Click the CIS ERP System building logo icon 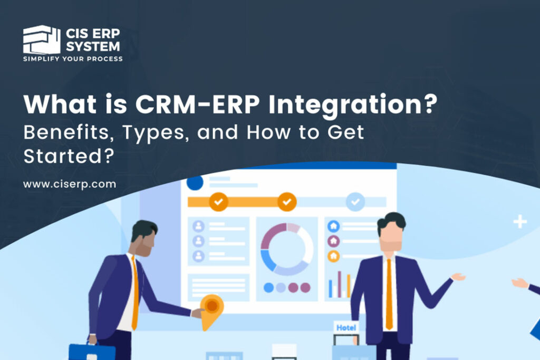[41, 40]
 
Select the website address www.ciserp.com [70, 184]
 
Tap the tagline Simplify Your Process [73, 59]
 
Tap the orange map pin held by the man [212, 308]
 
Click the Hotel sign [346, 328]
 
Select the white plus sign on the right [520, 222]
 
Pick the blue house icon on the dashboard [333, 226]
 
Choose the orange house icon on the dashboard [333, 256]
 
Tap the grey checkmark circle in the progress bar [355, 201]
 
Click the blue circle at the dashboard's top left [195, 183]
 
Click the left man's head [144, 237]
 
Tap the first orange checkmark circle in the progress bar [218, 201]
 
